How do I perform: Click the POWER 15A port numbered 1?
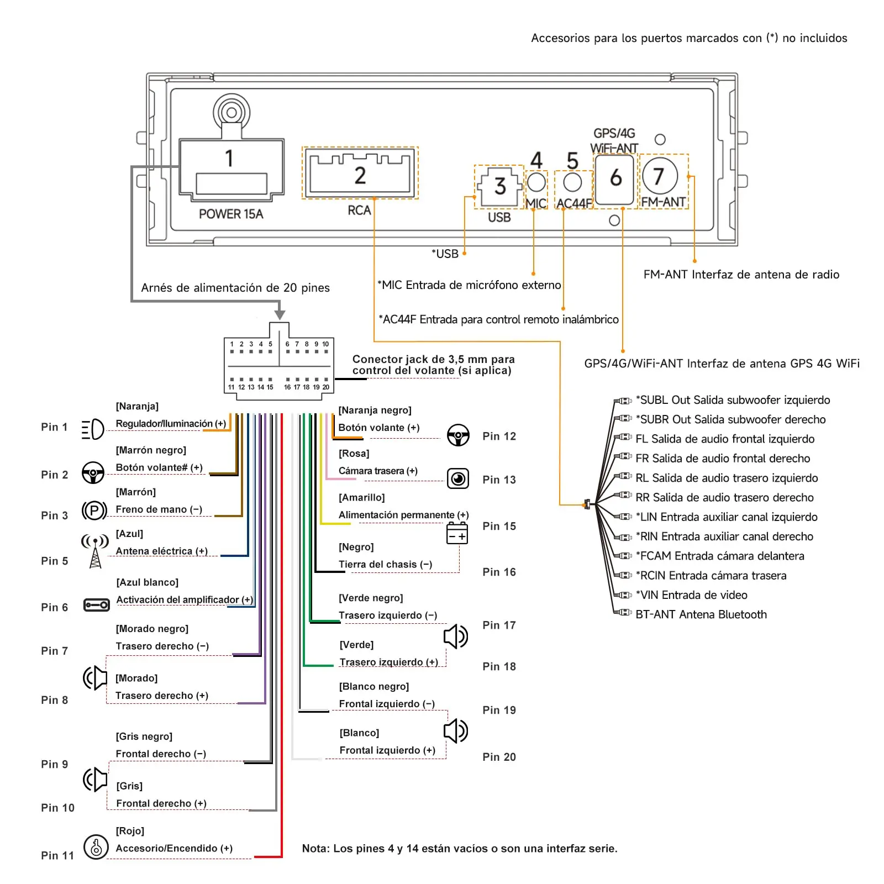click(x=231, y=169)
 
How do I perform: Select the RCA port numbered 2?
click(x=360, y=173)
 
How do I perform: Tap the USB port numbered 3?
click(x=499, y=187)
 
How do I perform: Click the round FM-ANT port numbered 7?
click(x=660, y=176)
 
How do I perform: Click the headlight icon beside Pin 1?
click(x=93, y=429)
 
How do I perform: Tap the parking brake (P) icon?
click(x=94, y=510)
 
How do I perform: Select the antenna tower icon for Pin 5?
click(x=95, y=551)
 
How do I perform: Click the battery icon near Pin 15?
click(x=457, y=534)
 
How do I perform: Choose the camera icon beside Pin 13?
click(x=458, y=478)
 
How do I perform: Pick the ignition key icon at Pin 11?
click(x=96, y=846)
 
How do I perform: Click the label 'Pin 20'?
click(x=499, y=757)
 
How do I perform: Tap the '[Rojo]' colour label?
click(x=130, y=831)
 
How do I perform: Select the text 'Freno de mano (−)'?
click(x=159, y=509)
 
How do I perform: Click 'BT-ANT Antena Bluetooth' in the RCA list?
click(x=701, y=614)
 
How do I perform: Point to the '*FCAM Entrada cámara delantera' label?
click(x=720, y=556)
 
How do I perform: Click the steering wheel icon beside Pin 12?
click(x=458, y=435)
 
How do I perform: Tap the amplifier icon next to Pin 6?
click(x=96, y=605)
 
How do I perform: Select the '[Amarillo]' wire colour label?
click(x=362, y=497)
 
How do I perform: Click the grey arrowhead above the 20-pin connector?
click(x=280, y=314)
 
